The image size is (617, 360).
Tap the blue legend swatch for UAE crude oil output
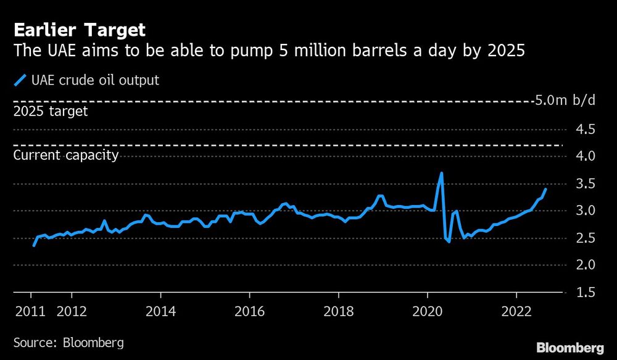[x=20, y=80]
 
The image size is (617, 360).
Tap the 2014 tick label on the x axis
[x=160, y=311]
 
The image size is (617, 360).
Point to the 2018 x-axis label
[x=338, y=311]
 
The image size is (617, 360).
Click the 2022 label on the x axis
[x=518, y=311]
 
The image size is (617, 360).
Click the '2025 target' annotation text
[x=50, y=112]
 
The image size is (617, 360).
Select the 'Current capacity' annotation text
[x=65, y=155]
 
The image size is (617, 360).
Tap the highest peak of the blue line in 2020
[x=441, y=174]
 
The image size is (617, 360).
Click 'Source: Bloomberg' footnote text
[x=68, y=341]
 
